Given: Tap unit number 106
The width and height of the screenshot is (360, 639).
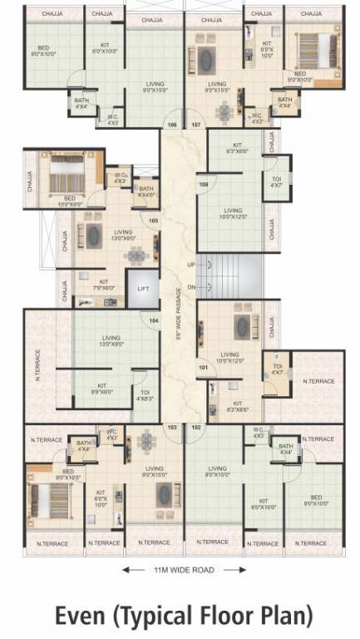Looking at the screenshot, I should click(x=172, y=125).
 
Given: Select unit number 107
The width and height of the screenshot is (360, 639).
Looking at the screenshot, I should click(x=196, y=125).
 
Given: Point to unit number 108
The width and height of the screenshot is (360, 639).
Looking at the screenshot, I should click(x=203, y=184).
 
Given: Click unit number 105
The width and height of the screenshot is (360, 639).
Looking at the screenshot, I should click(x=153, y=220).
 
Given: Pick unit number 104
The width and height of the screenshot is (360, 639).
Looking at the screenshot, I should click(x=153, y=320).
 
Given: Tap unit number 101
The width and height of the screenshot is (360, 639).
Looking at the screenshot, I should click(x=203, y=366).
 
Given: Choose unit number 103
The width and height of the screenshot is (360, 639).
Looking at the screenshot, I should click(x=172, y=427).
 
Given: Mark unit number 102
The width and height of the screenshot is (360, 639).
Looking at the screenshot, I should click(x=196, y=427).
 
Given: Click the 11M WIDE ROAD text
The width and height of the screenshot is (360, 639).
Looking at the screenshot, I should click(x=185, y=570).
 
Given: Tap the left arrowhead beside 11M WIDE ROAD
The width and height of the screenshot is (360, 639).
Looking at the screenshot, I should click(x=126, y=570).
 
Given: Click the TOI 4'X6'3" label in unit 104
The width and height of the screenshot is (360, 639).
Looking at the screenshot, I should click(x=145, y=395).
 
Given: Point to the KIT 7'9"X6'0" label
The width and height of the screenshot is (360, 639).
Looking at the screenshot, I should click(x=104, y=285).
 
